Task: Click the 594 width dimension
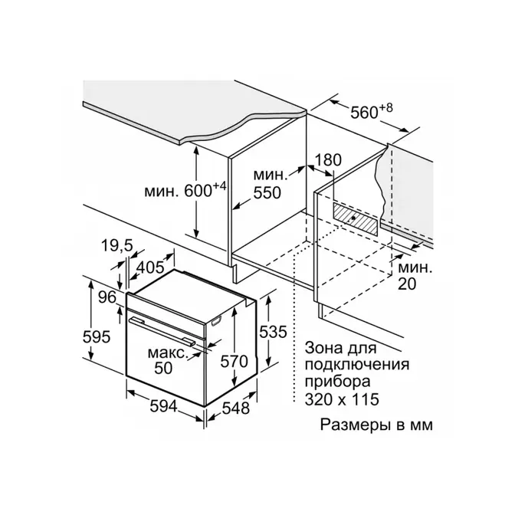pyautogui.click(x=163, y=408)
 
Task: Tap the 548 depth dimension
pyautogui.click(x=236, y=408)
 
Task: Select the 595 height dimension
pyautogui.click(x=97, y=337)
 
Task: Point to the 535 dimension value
pyautogui.click(x=274, y=332)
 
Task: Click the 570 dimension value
pyautogui.click(x=235, y=362)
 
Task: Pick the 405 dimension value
pyautogui.click(x=150, y=267)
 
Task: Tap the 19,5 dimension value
pyautogui.click(x=117, y=245)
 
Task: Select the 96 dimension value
pyautogui.click(x=107, y=297)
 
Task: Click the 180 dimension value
pyautogui.click(x=329, y=160)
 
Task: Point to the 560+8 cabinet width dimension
pyautogui.click(x=372, y=111)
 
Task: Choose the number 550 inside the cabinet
pyautogui.click(x=267, y=193)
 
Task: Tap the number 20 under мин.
pyautogui.click(x=407, y=284)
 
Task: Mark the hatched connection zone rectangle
pyautogui.click(x=356, y=218)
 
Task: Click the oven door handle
pyautogui.click(x=162, y=331)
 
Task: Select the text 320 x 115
pyautogui.click(x=342, y=400)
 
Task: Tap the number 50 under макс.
pyautogui.click(x=163, y=368)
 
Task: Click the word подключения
pyautogui.click(x=357, y=366)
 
